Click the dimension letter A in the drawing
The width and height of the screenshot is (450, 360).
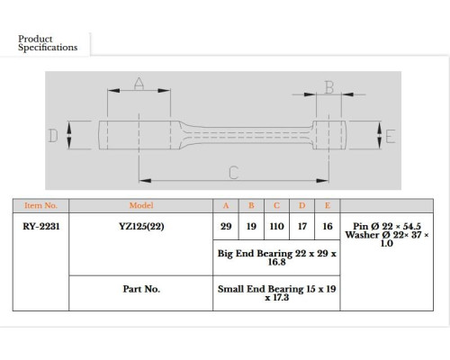tap(139, 84)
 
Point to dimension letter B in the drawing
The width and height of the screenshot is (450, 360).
tap(329, 87)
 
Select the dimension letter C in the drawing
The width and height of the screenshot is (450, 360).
tap(233, 173)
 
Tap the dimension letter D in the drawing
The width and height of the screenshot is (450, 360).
tap(53, 136)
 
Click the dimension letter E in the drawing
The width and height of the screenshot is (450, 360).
tap(390, 137)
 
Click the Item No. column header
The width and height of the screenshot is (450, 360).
tap(40, 205)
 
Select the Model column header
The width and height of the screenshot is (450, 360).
tap(141, 205)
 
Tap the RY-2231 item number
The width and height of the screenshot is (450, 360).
tap(41, 226)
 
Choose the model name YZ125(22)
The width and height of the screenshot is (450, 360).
tap(141, 226)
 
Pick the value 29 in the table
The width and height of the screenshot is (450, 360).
tap(226, 226)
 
